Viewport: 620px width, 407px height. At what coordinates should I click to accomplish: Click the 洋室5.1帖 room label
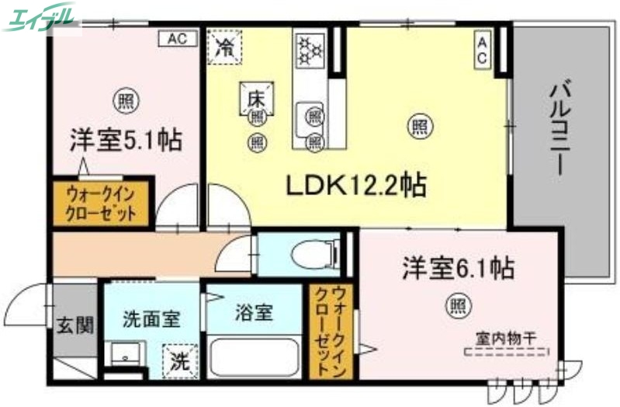point(126,141)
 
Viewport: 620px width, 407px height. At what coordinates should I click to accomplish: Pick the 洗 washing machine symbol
point(179,361)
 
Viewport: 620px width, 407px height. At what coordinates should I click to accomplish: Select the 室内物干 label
point(507,339)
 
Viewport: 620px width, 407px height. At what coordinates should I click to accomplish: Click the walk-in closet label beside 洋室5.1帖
point(102,203)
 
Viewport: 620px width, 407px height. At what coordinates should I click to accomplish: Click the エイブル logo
point(43,16)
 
